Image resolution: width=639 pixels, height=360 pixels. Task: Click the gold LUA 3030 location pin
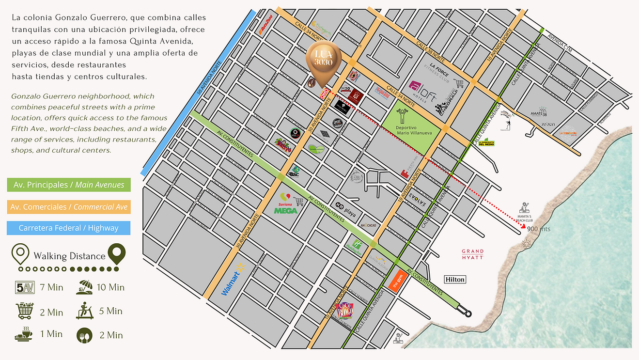point(324,63)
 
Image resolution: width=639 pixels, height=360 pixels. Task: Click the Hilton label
point(455,279)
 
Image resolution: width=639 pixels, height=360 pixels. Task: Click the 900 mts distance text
point(538,229)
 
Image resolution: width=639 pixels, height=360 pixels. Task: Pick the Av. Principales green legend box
point(69,185)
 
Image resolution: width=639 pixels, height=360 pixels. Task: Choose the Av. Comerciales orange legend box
point(69,206)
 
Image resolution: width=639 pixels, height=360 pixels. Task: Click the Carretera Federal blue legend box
point(69,228)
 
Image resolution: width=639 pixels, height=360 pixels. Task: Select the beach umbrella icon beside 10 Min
point(84,288)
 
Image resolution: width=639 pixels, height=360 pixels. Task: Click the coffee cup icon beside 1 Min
point(24,334)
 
